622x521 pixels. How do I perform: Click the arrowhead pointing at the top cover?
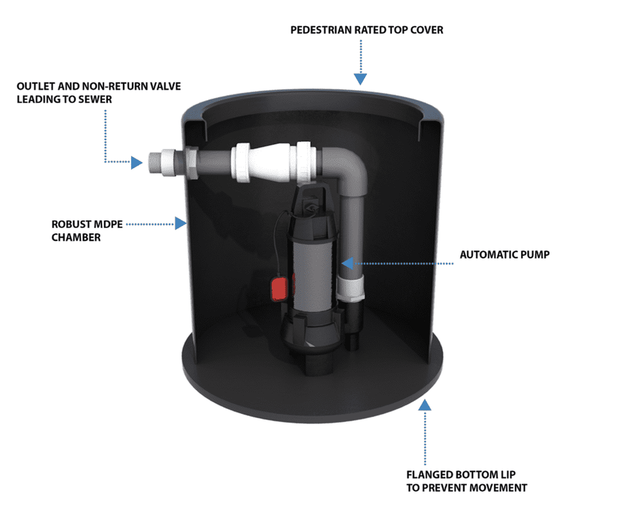coord(360,79)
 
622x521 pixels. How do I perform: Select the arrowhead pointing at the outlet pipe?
coord(136,163)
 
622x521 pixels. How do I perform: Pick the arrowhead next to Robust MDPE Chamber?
coord(181,223)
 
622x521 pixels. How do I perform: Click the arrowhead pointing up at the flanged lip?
coord(425,405)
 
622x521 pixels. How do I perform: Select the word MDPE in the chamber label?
coord(109,223)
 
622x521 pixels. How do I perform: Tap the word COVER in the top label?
coord(426,30)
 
